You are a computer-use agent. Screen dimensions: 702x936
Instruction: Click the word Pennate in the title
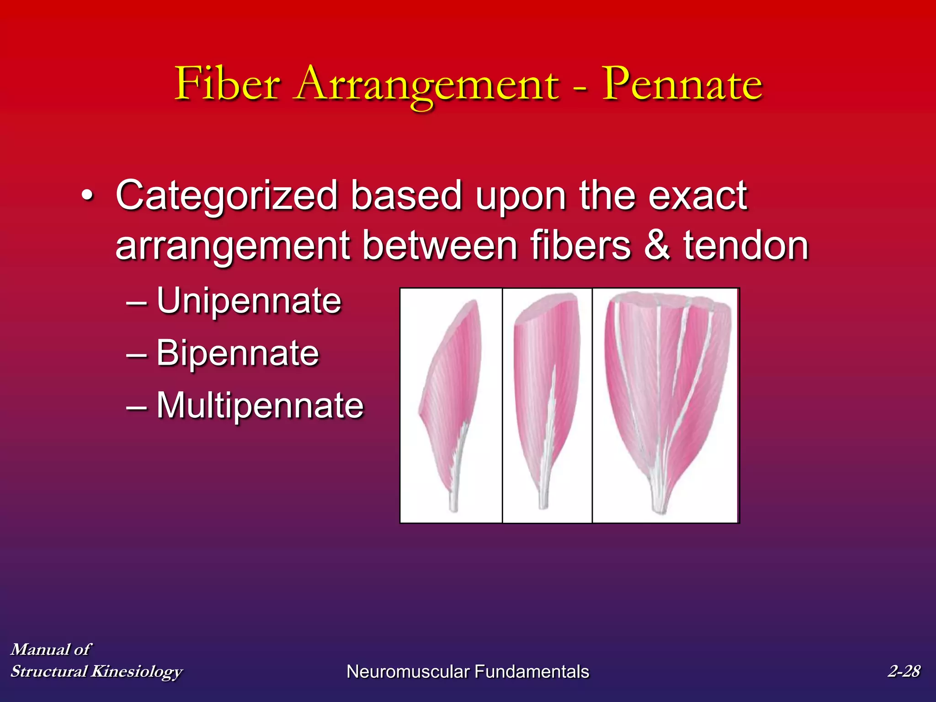[682, 85]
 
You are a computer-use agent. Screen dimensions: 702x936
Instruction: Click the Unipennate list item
[249, 301]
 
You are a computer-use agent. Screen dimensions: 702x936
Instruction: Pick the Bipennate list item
[237, 353]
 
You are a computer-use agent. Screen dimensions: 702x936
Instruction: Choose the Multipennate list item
[260, 405]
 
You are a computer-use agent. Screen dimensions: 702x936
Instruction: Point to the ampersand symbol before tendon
[657, 245]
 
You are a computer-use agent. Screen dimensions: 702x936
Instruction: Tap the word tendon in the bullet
[746, 245]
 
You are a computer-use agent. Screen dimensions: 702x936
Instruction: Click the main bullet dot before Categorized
[87, 197]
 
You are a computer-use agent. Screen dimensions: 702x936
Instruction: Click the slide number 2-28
[904, 671]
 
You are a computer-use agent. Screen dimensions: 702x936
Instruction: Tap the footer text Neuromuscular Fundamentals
[468, 672]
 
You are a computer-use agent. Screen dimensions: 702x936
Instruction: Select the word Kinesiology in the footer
[137, 671]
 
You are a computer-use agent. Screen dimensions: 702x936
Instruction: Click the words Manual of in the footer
[51, 649]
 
